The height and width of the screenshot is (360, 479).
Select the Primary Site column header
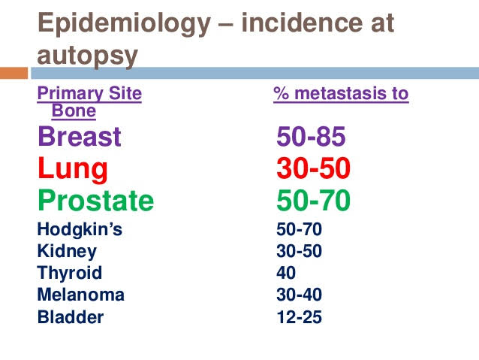point(89,94)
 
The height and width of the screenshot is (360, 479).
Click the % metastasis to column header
point(341,94)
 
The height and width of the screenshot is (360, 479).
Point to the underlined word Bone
point(74,111)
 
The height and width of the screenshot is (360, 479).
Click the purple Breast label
point(79,138)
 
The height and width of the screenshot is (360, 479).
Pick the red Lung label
point(73,170)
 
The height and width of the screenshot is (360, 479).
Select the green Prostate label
point(95,201)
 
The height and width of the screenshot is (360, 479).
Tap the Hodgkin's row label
point(80,229)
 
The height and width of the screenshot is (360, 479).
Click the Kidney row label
point(67,251)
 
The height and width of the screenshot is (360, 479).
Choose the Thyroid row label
point(70,273)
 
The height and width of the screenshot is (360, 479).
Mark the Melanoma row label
point(81,295)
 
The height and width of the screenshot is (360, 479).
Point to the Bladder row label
point(71,316)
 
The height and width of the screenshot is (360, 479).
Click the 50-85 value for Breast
point(311,138)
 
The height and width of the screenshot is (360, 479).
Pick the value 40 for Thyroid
point(286,273)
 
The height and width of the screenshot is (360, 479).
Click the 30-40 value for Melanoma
point(299,295)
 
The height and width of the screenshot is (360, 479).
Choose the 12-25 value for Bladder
point(299,316)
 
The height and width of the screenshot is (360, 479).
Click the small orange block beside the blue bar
point(14,73)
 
